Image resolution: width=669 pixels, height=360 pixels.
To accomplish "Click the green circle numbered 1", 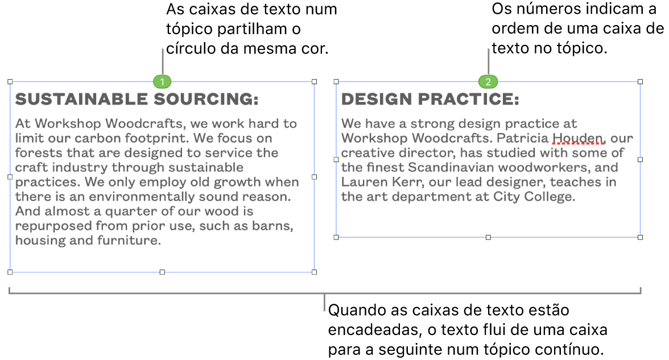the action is (162, 81).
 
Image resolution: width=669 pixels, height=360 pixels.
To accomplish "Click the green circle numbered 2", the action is (488, 81).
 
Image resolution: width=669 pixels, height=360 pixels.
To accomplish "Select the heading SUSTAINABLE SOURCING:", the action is (137, 100).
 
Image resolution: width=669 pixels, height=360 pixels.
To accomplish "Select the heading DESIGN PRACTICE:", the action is (430, 100).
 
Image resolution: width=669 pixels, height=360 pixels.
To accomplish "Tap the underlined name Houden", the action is (578, 138).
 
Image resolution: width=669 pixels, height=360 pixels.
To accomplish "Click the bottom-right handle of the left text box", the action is (315, 272).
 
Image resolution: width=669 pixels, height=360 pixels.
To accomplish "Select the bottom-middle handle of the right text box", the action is (488, 237).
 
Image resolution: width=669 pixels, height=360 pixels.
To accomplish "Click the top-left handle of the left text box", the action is (10, 81).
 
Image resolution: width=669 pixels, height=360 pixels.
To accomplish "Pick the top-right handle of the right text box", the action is (641, 81).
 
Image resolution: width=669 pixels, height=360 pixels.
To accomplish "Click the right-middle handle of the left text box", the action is (315, 176).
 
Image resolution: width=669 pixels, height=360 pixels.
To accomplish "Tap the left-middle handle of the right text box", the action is (336, 159).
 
